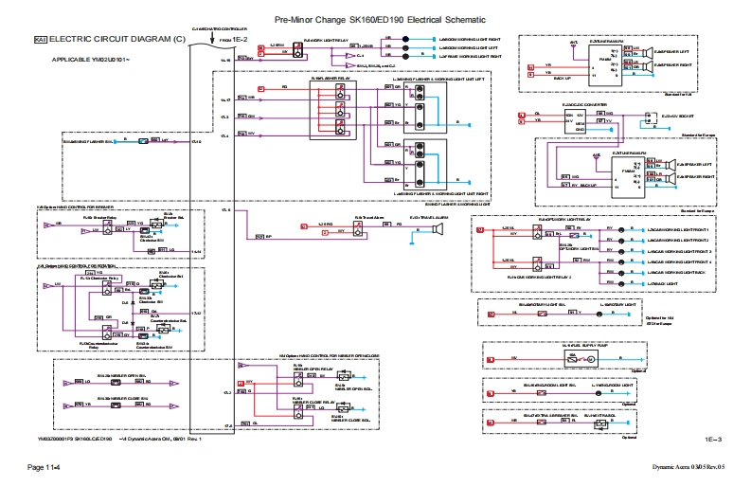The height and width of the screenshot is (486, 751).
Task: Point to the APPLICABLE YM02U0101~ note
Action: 92,60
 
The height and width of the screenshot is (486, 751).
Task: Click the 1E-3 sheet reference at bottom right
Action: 713,440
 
